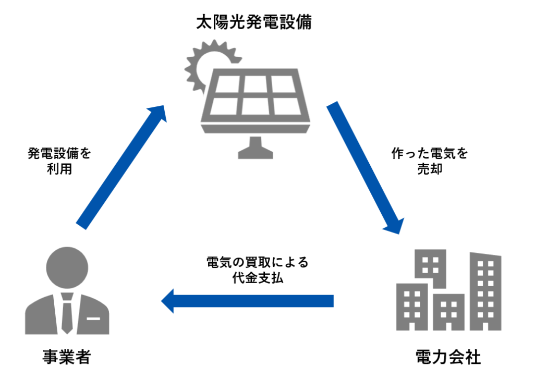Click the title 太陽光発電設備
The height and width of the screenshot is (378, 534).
click(x=254, y=22)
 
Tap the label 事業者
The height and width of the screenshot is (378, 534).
click(x=67, y=357)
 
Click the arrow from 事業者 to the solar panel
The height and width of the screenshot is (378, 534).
click(x=120, y=167)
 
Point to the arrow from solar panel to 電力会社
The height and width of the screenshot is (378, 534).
click(x=365, y=167)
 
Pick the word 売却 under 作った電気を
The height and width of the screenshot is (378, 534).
click(x=430, y=169)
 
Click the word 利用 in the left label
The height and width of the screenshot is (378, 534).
click(x=59, y=170)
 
